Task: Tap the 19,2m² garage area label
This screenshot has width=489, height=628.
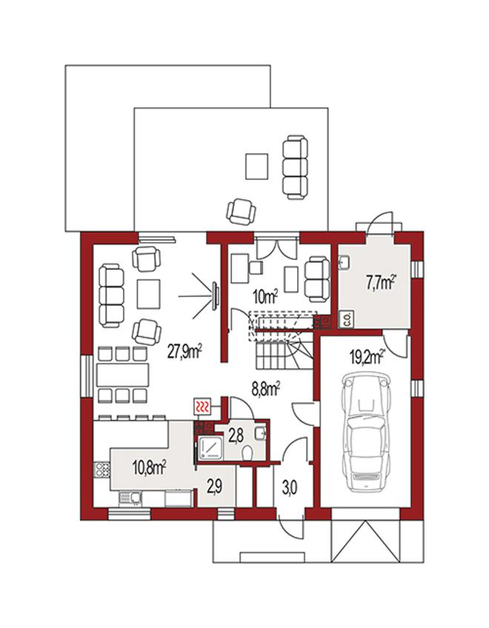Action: click(x=367, y=357)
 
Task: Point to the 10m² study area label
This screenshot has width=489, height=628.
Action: click(x=265, y=297)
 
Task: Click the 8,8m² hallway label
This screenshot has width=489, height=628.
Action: click(x=265, y=389)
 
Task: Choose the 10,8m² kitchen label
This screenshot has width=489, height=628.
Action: click(x=149, y=467)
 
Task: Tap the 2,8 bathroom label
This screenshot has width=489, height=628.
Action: click(x=236, y=435)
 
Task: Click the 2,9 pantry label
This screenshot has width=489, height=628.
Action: click(x=215, y=487)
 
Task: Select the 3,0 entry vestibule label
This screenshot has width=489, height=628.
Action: click(x=290, y=489)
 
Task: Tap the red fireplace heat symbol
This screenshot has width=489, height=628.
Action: click(x=203, y=407)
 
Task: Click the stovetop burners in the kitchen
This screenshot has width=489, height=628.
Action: click(x=102, y=469)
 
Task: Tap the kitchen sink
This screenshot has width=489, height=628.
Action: click(x=130, y=498)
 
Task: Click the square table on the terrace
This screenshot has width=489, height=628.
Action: click(x=256, y=167)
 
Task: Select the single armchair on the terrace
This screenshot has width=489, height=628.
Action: click(x=241, y=211)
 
